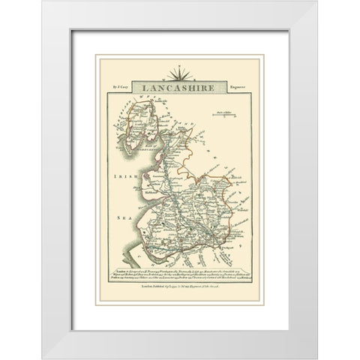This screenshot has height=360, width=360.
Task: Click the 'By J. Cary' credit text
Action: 123,88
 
